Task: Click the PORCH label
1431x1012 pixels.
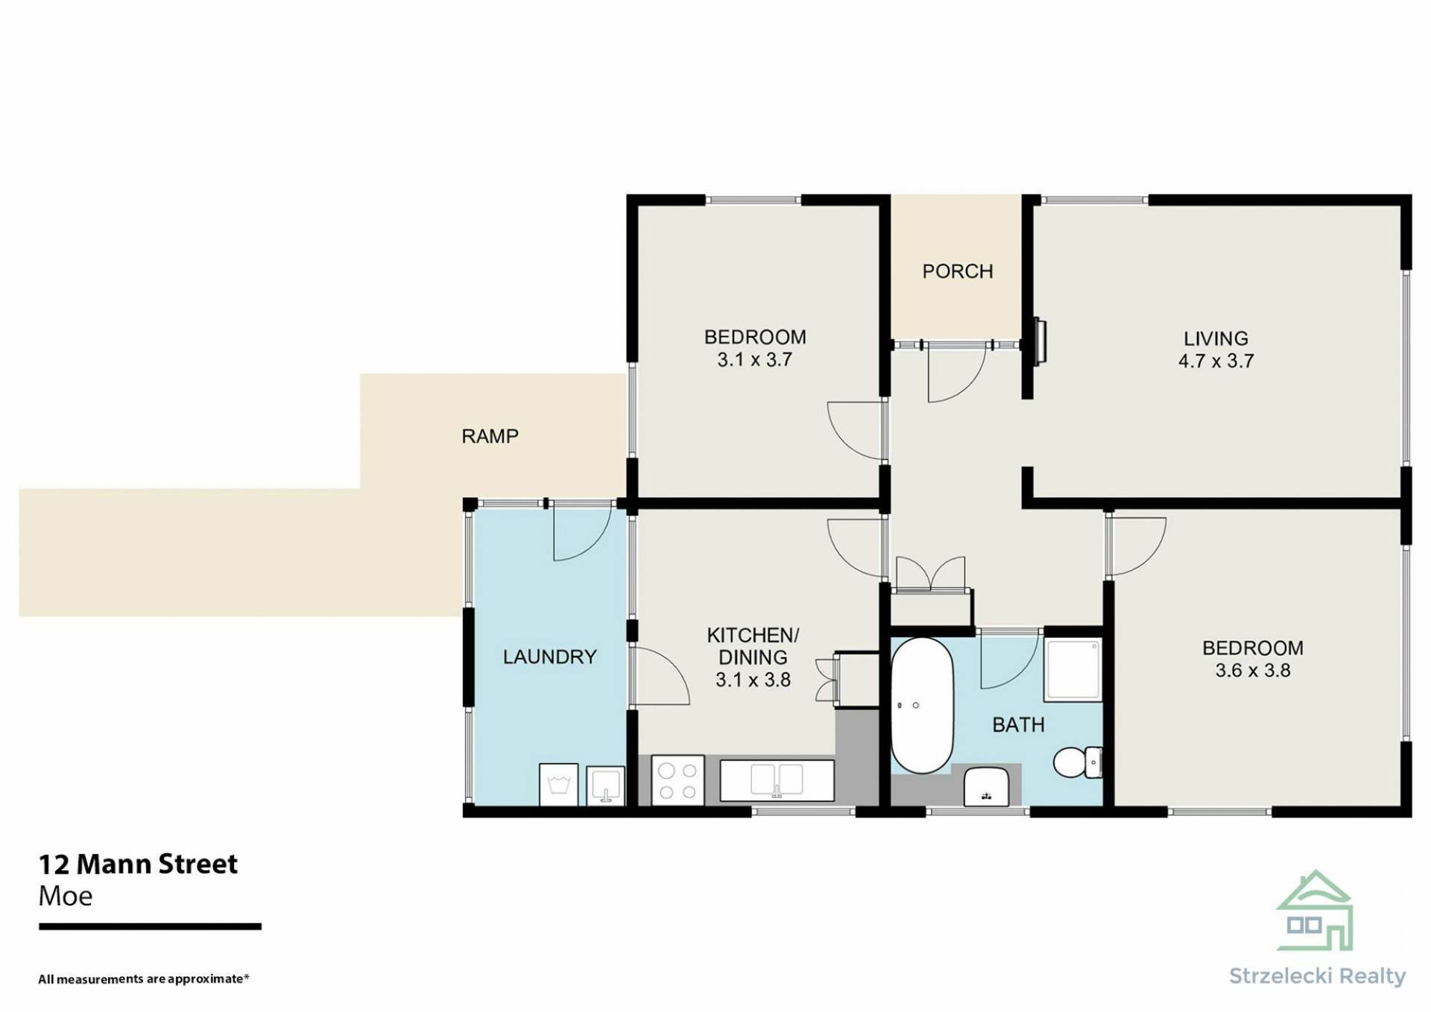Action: coord(957,271)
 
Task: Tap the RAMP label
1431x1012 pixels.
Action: coord(490,436)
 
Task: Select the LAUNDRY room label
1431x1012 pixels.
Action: coord(549,657)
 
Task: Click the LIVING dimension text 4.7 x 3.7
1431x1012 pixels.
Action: coord(1216,361)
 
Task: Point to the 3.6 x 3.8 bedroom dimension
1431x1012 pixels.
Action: coord(1253,671)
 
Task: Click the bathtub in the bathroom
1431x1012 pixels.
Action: coord(923,705)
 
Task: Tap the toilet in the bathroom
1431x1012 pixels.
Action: coord(1078,762)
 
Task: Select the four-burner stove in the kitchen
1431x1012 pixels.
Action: coord(677,780)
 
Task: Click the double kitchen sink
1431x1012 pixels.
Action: coord(776,780)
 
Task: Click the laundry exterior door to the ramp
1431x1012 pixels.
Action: coord(582,534)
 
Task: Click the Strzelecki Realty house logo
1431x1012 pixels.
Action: coord(1315,911)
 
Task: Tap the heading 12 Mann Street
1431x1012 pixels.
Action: coord(138,864)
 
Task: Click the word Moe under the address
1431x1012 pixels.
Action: coord(66,896)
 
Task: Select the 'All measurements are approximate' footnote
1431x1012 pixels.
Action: coord(144,978)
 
